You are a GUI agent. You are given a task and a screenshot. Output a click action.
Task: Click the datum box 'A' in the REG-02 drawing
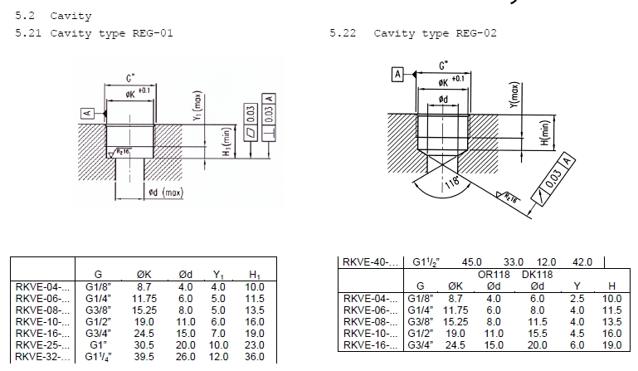pos(397,75)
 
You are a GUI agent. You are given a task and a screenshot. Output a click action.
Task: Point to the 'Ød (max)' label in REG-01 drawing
pos(165,193)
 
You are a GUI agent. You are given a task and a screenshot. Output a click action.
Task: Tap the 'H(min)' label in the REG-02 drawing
pos(544,133)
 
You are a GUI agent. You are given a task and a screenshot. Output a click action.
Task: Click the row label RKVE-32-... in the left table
pos(43,357)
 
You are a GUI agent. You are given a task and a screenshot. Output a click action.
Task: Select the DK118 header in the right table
pos(538,273)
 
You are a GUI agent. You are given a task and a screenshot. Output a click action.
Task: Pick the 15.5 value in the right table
pos(538,332)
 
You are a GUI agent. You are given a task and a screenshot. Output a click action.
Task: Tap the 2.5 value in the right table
pos(579,297)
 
